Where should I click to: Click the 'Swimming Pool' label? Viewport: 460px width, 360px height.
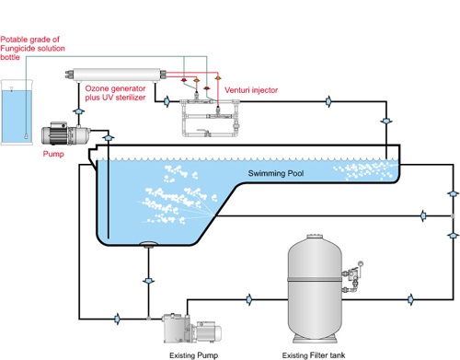click(276, 173)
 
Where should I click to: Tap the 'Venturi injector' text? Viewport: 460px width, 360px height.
click(251, 90)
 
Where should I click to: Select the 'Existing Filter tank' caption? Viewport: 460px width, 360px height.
click(314, 355)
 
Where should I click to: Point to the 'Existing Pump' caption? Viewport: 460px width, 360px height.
click(194, 355)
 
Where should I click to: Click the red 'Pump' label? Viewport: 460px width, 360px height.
click(53, 154)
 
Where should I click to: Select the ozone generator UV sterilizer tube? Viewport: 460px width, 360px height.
click(116, 75)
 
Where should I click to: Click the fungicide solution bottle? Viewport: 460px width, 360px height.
click(17, 112)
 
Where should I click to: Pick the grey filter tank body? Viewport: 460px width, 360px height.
click(315, 288)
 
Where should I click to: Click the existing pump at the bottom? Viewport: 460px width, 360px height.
click(191, 328)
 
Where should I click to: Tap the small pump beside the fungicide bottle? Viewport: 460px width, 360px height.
click(65, 134)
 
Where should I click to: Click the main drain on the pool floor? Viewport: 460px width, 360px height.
click(149, 244)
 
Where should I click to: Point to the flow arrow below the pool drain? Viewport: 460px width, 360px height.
click(149, 281)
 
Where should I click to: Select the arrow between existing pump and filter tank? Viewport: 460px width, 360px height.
click(249, 299)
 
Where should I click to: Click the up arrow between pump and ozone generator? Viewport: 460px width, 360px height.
click(79, 111)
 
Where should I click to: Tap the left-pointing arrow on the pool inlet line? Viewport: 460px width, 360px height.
click(423, 215)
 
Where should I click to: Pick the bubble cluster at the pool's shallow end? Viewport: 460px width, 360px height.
click(364, 170)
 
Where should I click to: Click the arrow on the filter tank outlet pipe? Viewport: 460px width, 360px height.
click(410, 299)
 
